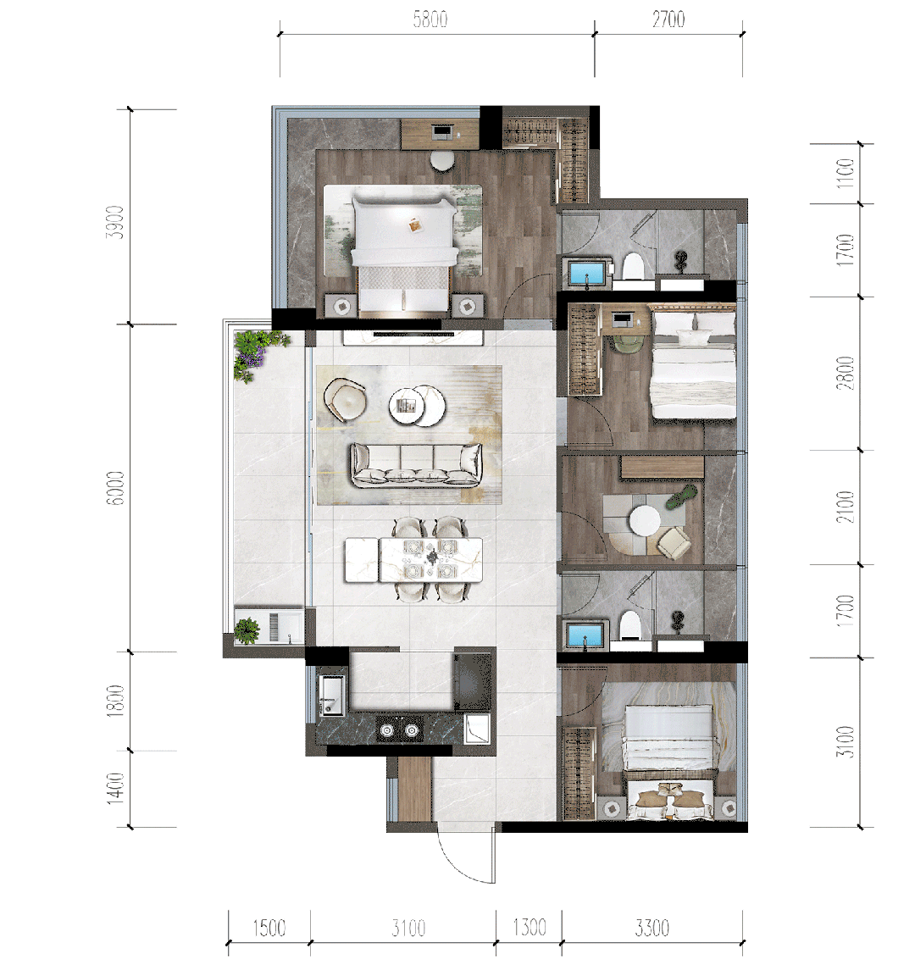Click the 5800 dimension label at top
(x=430, y=19)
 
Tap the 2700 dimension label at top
(x=668, y=19)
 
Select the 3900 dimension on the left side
(x=115, y=222)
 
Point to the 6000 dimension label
(x=115, y=488)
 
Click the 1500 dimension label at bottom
(x=269, y=928)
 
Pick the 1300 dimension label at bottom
(x=530, y=927)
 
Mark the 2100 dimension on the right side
(x=846, y=507)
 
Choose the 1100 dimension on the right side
(x=846, y=173)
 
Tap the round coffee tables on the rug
(x=417, y=405)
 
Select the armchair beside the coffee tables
(x=345, y=397)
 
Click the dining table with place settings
(x=413, y=559)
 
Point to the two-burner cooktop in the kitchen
(x=399, y=730)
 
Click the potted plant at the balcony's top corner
(x=258, y=352)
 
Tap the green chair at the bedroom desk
(x=626, y=343)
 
